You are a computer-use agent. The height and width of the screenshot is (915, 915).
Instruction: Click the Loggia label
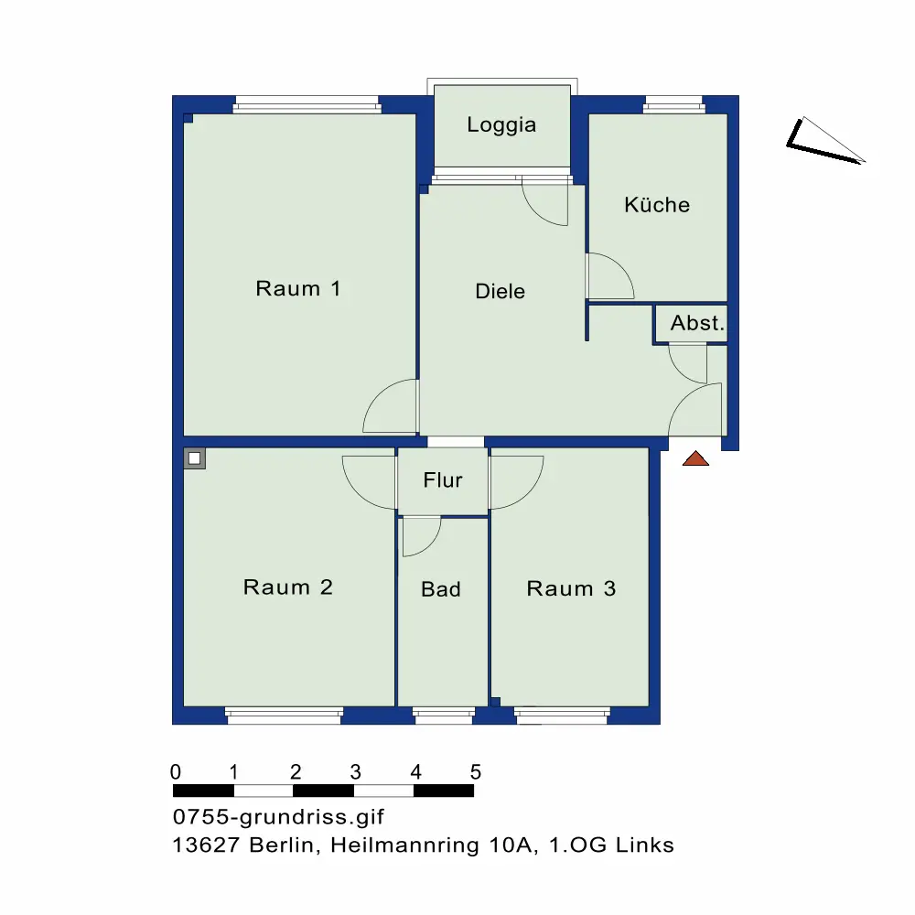501,124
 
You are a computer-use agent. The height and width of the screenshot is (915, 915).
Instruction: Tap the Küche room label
657,204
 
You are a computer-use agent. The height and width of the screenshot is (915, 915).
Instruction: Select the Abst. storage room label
697,323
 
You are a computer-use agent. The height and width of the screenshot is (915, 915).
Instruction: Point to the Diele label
501,291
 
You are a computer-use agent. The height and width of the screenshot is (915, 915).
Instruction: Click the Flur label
443,479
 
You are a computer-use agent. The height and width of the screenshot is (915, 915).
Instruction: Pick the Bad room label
441,588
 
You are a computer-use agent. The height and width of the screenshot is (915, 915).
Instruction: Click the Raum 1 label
298,288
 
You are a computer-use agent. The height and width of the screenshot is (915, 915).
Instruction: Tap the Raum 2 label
287,587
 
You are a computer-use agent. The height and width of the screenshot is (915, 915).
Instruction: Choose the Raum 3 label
571,588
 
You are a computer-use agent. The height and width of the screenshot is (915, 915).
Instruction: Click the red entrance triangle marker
695,459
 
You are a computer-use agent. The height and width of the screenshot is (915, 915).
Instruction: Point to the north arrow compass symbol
824,141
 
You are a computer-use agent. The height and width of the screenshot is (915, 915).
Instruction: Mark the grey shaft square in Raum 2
195,458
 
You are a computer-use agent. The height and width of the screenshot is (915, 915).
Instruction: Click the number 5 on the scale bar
476,772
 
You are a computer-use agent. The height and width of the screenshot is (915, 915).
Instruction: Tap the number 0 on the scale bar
175,772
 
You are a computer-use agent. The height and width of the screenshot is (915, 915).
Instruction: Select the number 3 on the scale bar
355,772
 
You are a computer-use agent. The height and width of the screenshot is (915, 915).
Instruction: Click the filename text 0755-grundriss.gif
278,816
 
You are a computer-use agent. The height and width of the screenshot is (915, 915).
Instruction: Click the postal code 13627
206,845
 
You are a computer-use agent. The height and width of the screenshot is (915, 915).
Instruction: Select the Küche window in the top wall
674,105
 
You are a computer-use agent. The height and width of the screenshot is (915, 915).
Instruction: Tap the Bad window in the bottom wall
444,716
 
